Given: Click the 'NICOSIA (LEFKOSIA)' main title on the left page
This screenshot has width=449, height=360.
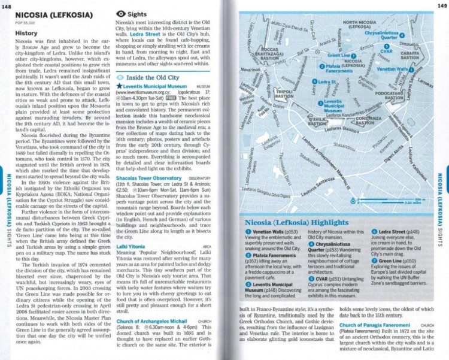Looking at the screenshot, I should tap(52, 14).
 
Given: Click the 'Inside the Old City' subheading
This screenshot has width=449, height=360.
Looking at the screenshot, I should tap(152, 78).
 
